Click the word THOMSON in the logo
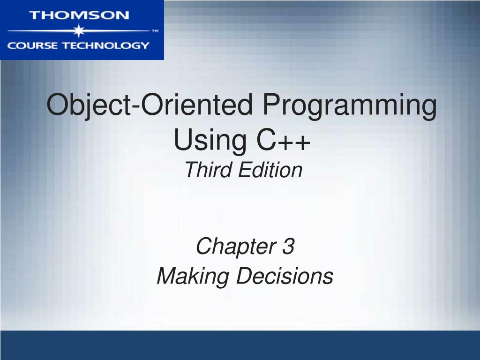pyautogui.click(x=79, y=15)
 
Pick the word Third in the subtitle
pyautogui.click(x=208, y=170)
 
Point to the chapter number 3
pyautogui.click(x=288, y=247)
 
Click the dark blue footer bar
pyautogui.click(x=240, y=345)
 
